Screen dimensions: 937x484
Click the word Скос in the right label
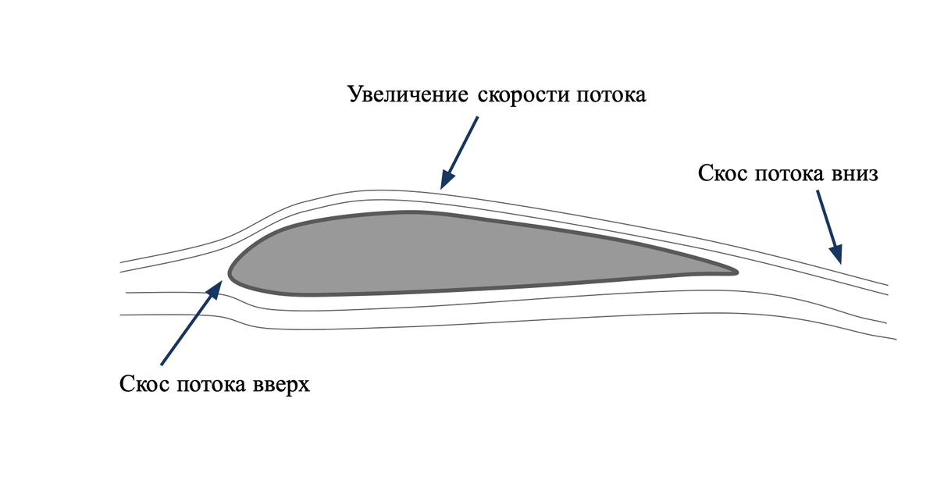click(723, 173)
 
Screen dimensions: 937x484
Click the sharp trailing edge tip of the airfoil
click(736, 272)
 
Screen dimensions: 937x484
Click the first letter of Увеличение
click(354, 96)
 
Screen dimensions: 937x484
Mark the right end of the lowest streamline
click(894, 338)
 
